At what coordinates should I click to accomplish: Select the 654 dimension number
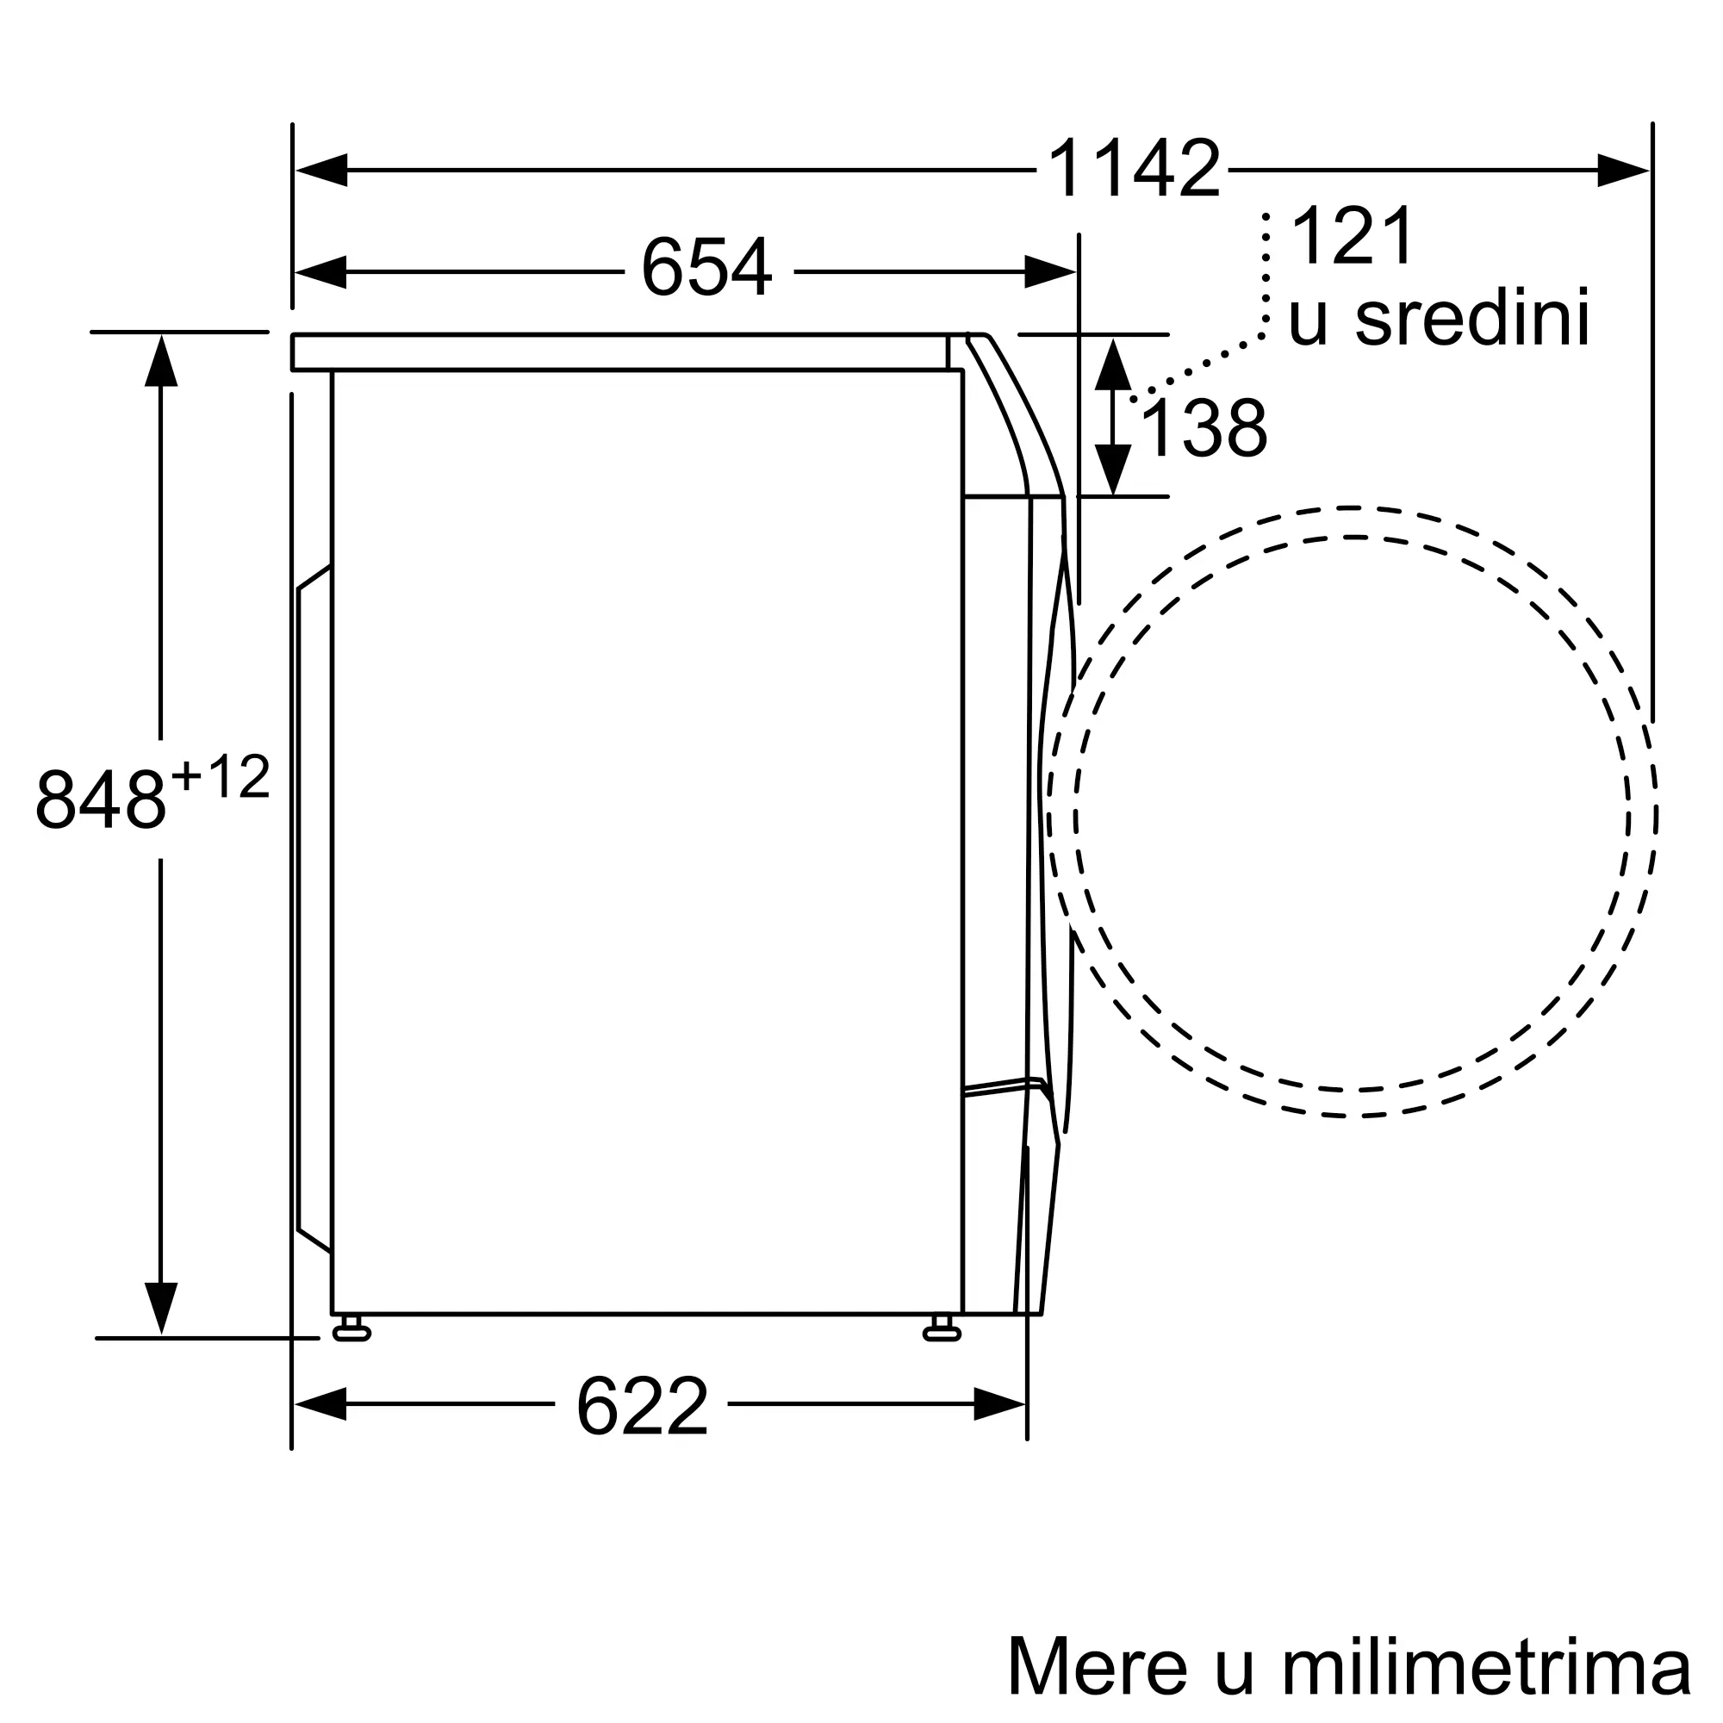706,267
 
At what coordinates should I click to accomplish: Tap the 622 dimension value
642,1407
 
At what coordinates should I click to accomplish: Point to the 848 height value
101,799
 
